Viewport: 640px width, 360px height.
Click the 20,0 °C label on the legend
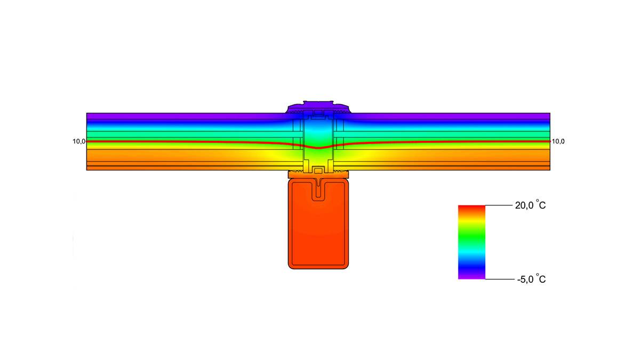pos(530,206)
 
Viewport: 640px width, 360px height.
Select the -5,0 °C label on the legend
pos(531,279)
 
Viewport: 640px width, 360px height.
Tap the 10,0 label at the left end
pos(79,141)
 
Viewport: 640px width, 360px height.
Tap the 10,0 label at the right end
pos(557,141)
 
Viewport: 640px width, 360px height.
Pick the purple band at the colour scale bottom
pos(471,276)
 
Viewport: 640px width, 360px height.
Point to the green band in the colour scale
pos(471,235)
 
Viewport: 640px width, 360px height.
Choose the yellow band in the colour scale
pos(471,223)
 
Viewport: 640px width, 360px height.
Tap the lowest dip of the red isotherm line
pos(318,148)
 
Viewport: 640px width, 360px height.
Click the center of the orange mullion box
pos(318,224)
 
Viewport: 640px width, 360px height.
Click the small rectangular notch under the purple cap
pos(318,113)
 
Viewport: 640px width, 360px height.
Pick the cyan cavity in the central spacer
pos(318,131)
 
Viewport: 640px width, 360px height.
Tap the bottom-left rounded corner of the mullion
pos(291,265)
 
